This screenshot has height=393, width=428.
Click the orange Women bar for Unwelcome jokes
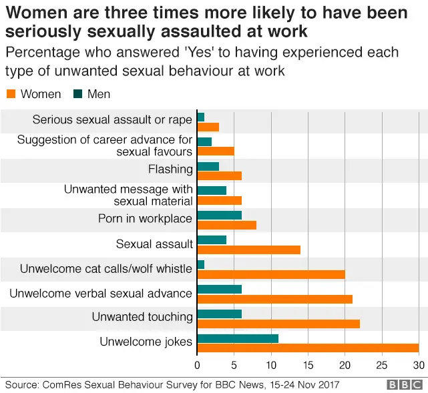308,348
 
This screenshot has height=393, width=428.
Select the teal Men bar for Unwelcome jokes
238,338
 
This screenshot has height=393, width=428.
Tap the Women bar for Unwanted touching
278,324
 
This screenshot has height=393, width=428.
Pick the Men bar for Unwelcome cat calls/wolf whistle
201,265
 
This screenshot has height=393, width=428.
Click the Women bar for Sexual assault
249,250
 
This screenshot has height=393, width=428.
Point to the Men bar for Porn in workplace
220,215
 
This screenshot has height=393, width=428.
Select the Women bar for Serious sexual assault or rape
208,127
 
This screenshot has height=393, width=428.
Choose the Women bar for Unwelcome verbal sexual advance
275,299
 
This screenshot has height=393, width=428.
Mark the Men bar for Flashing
208,166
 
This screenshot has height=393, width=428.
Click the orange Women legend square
10,94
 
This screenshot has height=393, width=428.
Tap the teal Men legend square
77,94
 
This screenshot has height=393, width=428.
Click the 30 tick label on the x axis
418,365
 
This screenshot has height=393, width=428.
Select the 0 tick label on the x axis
197,365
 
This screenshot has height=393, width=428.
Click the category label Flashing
170,169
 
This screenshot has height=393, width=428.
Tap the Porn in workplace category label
145,219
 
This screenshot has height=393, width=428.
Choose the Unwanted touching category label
142,317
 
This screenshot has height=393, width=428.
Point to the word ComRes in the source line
60,385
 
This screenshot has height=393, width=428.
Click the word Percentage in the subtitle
38,52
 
